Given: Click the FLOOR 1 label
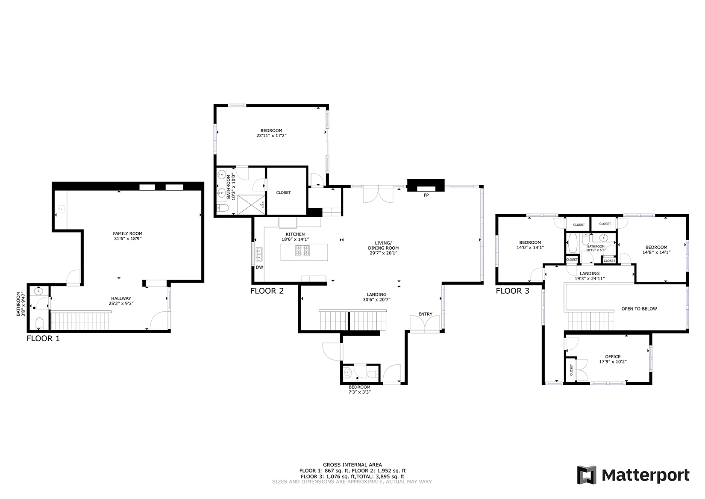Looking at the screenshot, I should click(x=43, y=339).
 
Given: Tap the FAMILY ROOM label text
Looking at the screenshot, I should click(x=127, y=233).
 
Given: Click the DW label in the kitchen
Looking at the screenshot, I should click(x=259, y=267).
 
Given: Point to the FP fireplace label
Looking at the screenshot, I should click(x=426, y=195).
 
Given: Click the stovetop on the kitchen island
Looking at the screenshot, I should click(x=303, y=251).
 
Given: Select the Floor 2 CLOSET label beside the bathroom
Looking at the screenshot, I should click(x=283, y=193).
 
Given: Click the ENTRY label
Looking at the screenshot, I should click(x=425, y=314).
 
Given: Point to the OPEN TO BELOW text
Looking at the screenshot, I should click(x=639, y=309).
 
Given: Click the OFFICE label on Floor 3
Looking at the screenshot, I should click(x=612, y=357).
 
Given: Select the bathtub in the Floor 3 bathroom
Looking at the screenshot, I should click(x=573, y=245).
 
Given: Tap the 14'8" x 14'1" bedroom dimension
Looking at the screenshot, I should click(x=656, y=252).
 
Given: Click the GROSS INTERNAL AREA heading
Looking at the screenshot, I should click(x=352, y=465).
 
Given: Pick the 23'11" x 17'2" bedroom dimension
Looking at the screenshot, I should click(x=271, y=136).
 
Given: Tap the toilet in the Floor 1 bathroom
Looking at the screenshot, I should click(x=39, y=323).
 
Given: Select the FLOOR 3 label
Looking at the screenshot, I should click(x=512, y=291).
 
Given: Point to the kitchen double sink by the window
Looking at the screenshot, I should click(x=259, y=254).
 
